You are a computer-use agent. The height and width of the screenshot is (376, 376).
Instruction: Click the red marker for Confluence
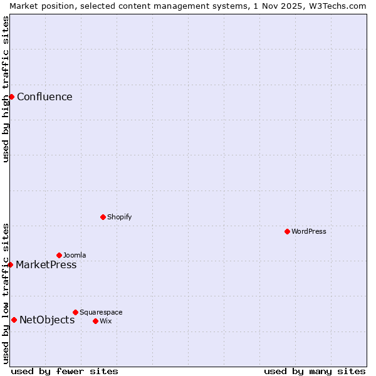click(x=11, y=97)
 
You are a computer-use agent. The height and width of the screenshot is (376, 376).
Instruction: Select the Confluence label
click(x=44, y=97)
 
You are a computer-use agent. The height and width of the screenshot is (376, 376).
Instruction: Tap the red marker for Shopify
click(x=103, y=217)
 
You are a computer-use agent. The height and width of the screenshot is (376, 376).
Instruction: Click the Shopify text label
click(x=119, y=217)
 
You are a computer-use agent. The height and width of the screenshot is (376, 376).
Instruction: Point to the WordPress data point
click(x=287, y=231)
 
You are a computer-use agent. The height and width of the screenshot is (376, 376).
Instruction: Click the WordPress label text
click(x=308, y=232)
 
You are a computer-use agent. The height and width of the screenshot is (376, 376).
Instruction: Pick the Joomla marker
click(x=59, y=255)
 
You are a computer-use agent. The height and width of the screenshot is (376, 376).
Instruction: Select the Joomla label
click(x=75, y=256)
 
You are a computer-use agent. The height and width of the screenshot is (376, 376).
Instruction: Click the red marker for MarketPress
click(x=11, y=264)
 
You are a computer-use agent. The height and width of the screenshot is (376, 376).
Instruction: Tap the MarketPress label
click(x=46, y=265)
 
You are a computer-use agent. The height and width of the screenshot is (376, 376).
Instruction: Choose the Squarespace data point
click(x=75, y=312)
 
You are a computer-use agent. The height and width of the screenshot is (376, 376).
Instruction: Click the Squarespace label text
click(x=101, y=313)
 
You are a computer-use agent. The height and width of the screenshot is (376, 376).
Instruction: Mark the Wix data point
click(x=95, y=321)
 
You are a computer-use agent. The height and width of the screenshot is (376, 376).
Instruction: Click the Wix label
click(x=105, y=321)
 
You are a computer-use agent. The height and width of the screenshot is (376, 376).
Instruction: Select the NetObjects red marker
click(x=14, y=320)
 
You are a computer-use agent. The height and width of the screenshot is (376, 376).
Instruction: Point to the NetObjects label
click(x=47, y=320)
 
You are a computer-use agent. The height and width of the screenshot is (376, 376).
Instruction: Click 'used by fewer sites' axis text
click(x=65, y=371)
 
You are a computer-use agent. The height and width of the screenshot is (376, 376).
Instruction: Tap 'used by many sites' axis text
click(x=315, y=371)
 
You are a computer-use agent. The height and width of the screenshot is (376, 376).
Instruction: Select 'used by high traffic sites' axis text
click(x=6, y=89)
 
